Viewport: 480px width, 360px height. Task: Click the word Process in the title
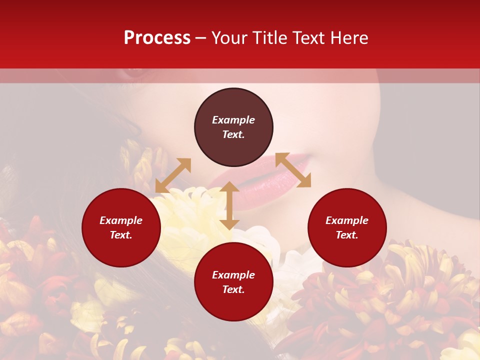click(157, 38)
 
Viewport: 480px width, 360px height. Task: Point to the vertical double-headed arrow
click(229, 205)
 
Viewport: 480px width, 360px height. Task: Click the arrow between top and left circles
click(173, 175)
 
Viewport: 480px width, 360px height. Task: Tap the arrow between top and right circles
click(293, 170)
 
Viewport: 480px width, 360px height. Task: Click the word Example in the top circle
click(233, 120)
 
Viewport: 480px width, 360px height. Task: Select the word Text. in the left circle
click(121, 235)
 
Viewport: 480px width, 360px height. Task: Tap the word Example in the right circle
click(347, 220)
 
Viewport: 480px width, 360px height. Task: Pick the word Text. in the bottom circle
click(233, 289)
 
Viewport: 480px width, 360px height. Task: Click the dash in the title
click(201, 38)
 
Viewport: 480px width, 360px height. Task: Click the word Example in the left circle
click(121, 220)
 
